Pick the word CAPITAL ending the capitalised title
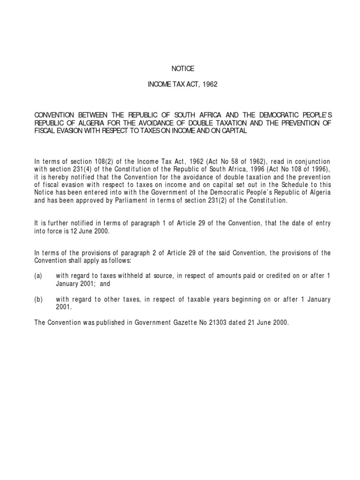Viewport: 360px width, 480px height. click(232, 132)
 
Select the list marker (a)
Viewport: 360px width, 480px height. click(38, 276)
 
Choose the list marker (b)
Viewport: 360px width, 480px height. click(38, 299)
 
